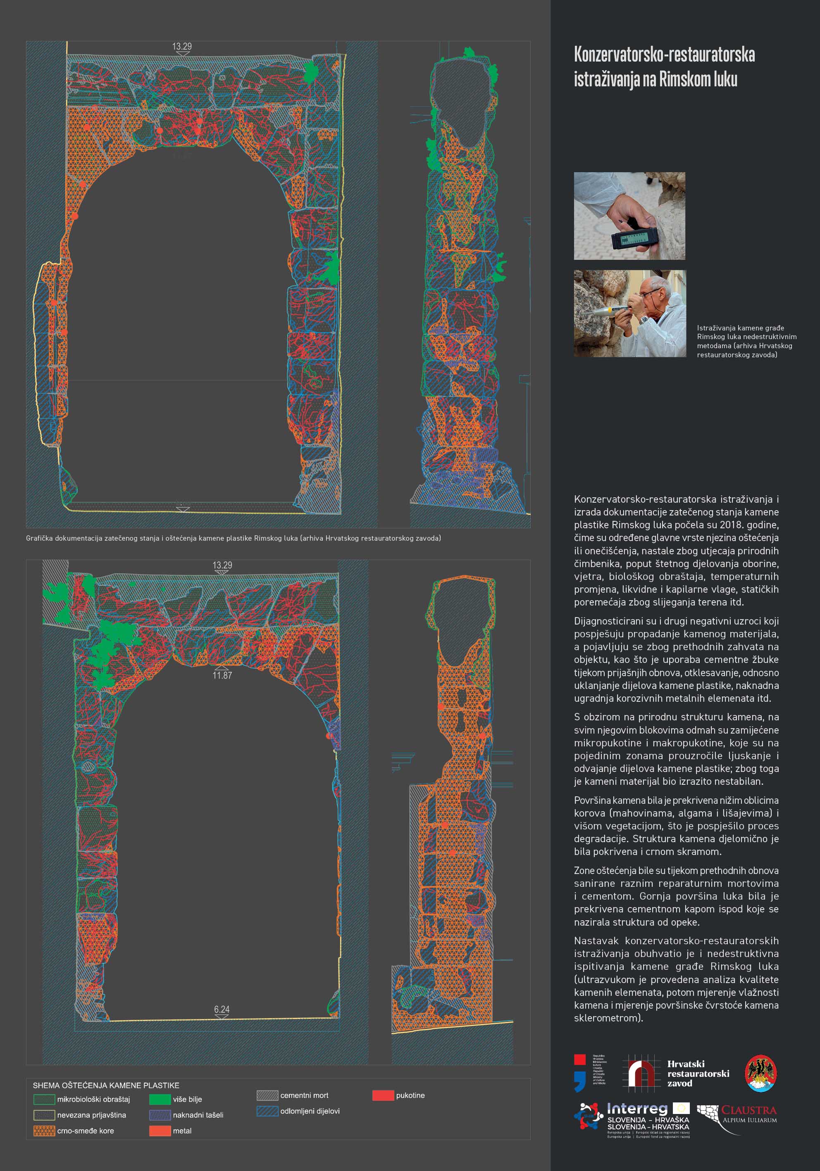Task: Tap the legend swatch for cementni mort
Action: click(x=267, y=1095)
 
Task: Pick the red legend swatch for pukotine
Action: click(x=383, y=1095)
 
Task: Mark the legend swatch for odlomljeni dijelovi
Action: click(x=267, y=1111)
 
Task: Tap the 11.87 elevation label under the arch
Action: click(x=222, y=675)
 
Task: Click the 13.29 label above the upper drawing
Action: click(x=182, y=46)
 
